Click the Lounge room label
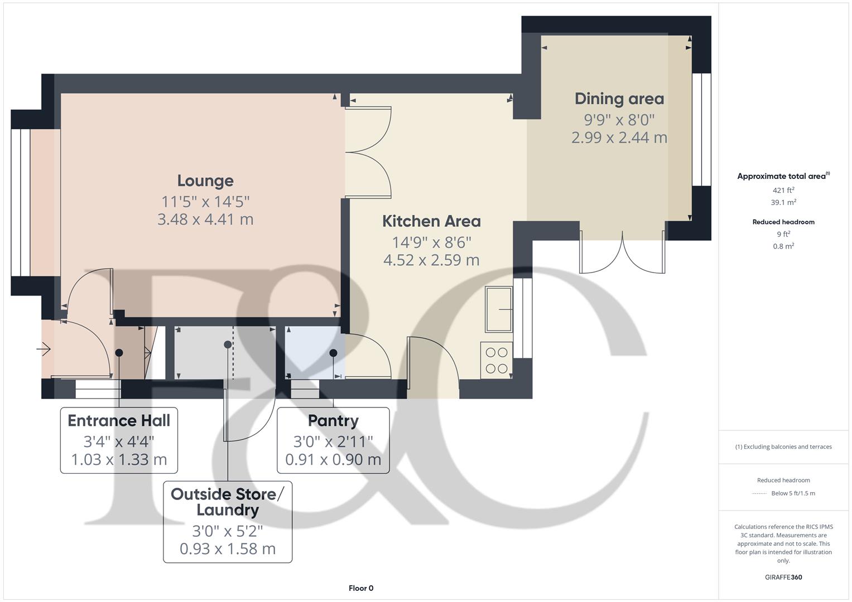pyautogui.click(x=205, y=181)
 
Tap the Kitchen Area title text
pyautogui.click(x=431, y=221)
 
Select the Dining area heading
pyautogui.click(x=619, y=99)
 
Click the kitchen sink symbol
pyautogui.click(x=498, y=308)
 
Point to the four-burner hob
pyautogui.click(x=496, y=360)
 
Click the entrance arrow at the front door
pyautogui.click(x=44, y=349)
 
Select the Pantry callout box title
pyautogui.click(x=333, y=420)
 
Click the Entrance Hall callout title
pyautogui.click(x=119, y=420)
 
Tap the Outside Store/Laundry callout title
pyautogui.click(x=228, y=502)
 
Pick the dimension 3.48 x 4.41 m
pyautogui.click(x=205, y=219)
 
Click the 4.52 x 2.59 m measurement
pyautogui.click(x=431, y=260)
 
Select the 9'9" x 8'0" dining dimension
pyautogui.click(x=619, y=119)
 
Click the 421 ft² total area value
pyautogui.click(x=783, y=190)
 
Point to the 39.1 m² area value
pyautogui.click(x=783, y=202)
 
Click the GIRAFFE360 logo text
pyautogui.click(x=783, y=577)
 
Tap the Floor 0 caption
pyautogui.click(x=361, y=588)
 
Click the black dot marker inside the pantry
pyautogui.click(x=333, y=353)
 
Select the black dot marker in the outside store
pyautogui.click(x=228, y=345)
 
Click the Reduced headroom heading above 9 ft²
pyautogui.click(x=783, y=222)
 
